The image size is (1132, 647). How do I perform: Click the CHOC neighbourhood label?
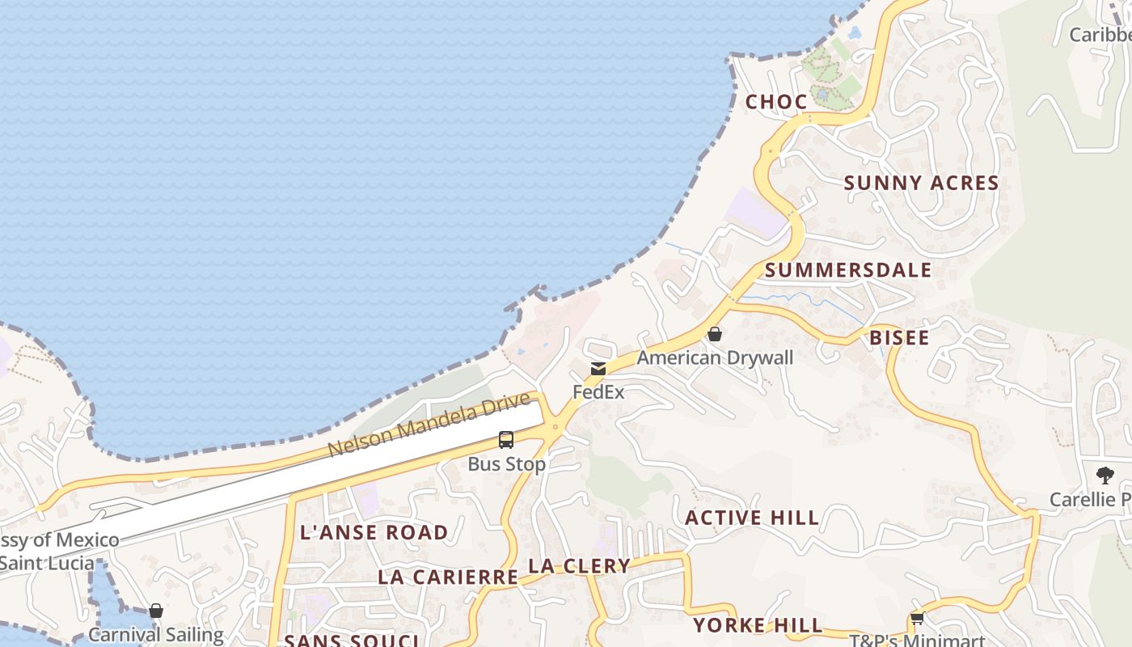point(776,102)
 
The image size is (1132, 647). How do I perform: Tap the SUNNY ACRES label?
point(921,184)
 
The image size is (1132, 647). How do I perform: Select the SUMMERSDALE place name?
point(848,270)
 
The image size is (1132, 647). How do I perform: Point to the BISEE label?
point(899,338)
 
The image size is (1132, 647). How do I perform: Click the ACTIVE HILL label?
point(752,518)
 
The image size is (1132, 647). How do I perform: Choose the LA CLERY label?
point(579,566)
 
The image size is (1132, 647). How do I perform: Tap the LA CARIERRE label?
point(448,577)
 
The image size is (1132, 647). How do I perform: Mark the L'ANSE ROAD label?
point(374,533)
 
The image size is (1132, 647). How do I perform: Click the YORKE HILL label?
point(758,625)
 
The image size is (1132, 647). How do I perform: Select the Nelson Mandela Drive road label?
point(429,424)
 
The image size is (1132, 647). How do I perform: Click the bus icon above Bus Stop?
point(506,440)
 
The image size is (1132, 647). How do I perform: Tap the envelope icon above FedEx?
point(598,369)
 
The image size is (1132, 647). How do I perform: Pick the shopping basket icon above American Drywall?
point(715,333)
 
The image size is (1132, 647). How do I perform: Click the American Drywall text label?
point(715,357)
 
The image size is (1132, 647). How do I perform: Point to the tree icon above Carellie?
point(1105,476)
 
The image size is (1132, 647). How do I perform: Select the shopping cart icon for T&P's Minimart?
point(917,620)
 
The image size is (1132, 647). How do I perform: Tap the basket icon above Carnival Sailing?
point(156,611)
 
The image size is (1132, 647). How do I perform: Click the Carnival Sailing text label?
point(156,635)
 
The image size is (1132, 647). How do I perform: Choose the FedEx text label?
point(598,393)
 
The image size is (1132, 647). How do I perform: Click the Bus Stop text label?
point(506,464)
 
